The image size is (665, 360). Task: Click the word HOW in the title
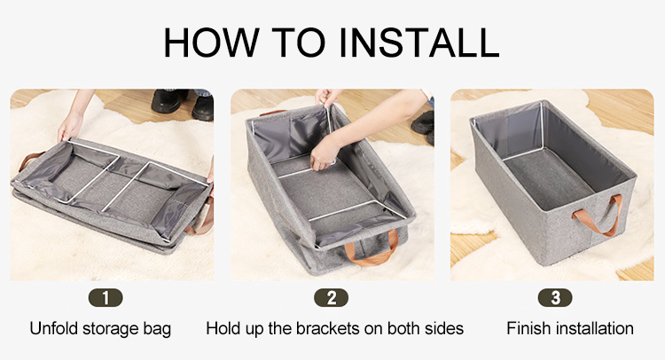[x=211, y=42]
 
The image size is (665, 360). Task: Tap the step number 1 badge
[x=106, y=298]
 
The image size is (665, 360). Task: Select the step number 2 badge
[x=332, y=298]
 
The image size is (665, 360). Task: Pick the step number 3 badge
[x=555, y=298]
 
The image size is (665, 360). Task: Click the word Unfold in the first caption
[x=54, y=329]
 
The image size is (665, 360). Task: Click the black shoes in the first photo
[x=183, y=104]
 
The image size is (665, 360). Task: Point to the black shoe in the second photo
[x=423, y=124]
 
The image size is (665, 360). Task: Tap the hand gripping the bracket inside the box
[x=325, y=153]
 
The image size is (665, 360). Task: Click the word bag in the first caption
[x=157, y=330]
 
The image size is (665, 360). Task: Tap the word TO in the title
[x=299, y=42]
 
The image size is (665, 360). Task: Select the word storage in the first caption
[x=111, y=330]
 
